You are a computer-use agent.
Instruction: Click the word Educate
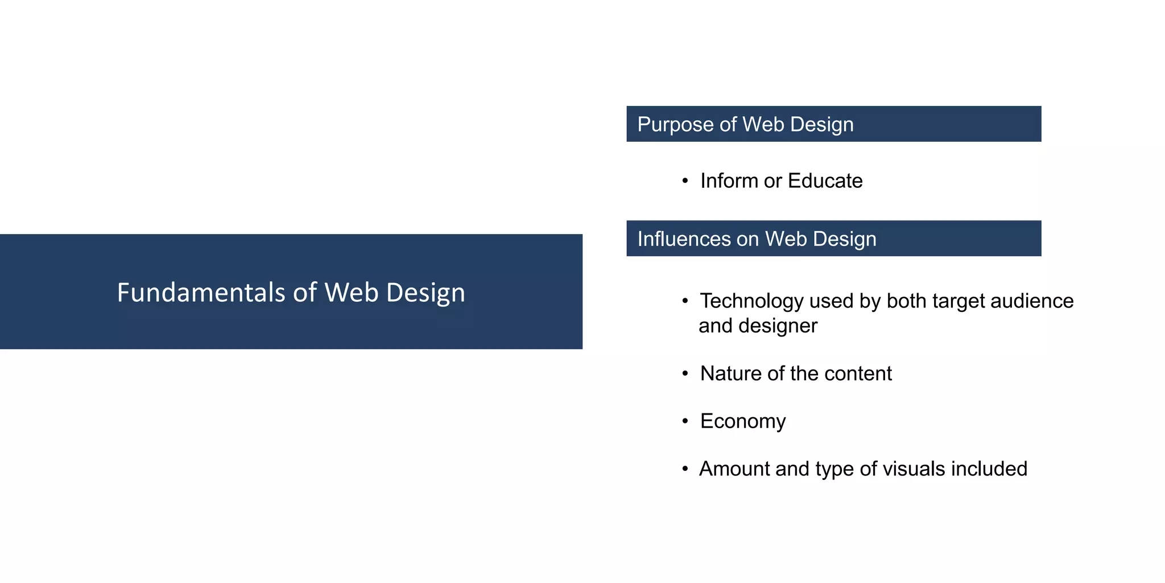(825, 181)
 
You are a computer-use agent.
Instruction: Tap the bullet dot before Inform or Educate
(685, 181)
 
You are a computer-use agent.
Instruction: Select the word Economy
(743, 422)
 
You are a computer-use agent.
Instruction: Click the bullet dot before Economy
(685, 422)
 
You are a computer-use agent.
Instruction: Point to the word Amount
(734, 469)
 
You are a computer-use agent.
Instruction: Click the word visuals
(914, 469)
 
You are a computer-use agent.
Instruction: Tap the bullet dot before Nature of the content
(685, 374)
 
